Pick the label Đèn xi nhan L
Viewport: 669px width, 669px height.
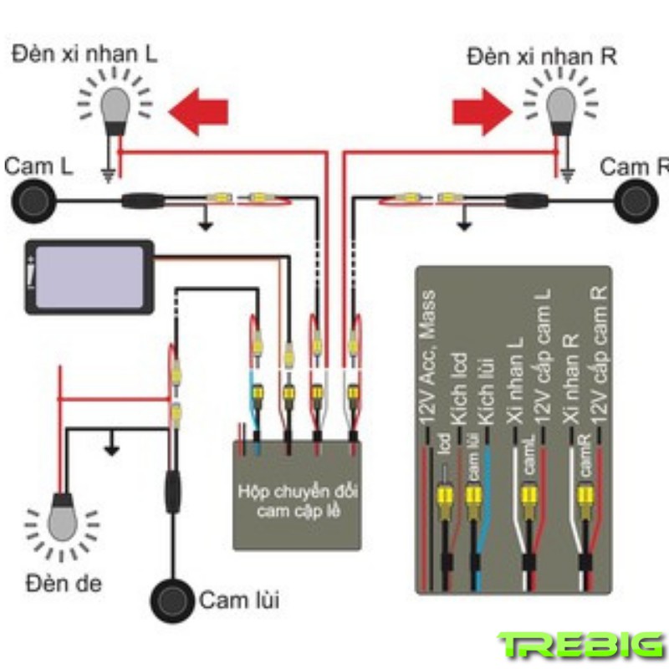(84, 55)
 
